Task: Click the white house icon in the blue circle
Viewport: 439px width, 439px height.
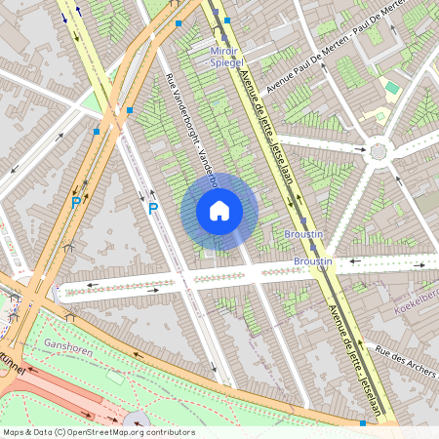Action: coord(219,210)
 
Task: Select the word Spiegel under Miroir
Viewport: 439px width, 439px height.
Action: coord(225,61)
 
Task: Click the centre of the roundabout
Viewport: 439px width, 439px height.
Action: coord(379,152)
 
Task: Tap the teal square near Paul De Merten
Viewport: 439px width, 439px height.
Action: coord(392,87)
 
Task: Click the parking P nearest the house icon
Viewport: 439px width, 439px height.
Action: coord(152,209)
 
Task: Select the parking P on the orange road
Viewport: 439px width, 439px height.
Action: coord(75,203)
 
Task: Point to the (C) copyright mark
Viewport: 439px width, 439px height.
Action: coord(60,432)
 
